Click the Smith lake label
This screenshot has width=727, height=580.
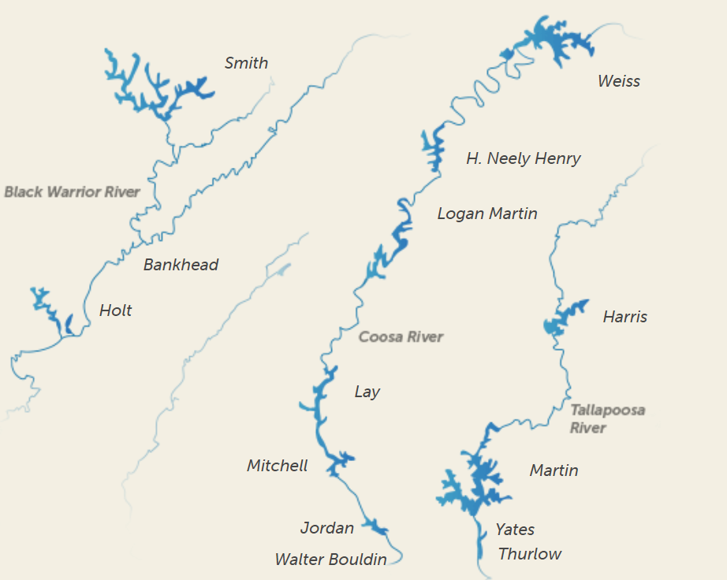246,63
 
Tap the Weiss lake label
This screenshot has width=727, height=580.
618,81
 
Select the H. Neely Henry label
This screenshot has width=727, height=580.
523,158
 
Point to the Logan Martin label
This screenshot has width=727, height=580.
487,214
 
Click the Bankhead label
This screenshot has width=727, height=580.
181,265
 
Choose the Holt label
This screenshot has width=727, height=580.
115,310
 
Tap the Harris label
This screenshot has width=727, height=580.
624,317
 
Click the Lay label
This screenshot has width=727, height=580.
367,392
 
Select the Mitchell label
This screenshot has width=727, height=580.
277,466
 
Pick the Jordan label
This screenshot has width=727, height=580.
326,528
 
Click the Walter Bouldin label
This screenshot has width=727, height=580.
330,560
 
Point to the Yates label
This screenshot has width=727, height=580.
514,530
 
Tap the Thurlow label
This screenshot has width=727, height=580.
529,554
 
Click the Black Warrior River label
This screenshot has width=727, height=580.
72,191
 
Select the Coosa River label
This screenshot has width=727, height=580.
401,336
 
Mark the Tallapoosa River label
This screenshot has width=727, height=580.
607,418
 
